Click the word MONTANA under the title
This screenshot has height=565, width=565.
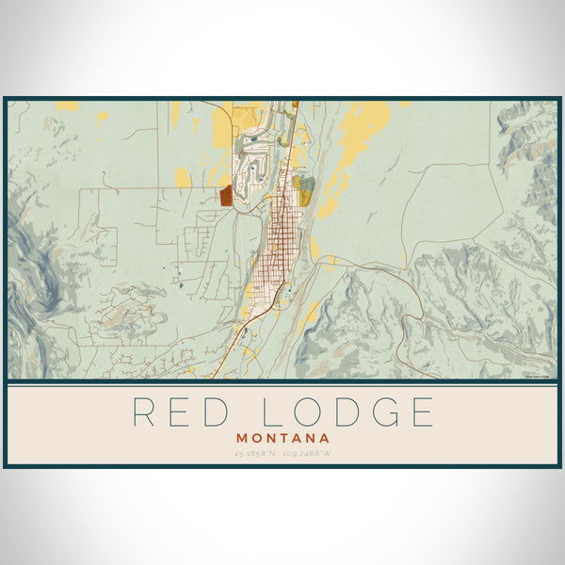point(283,438)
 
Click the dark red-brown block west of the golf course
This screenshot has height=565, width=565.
point(226,195)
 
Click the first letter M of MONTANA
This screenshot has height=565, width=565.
point(244,438)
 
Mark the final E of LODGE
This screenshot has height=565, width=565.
point(424,412)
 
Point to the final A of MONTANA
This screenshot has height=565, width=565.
point(324,438)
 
